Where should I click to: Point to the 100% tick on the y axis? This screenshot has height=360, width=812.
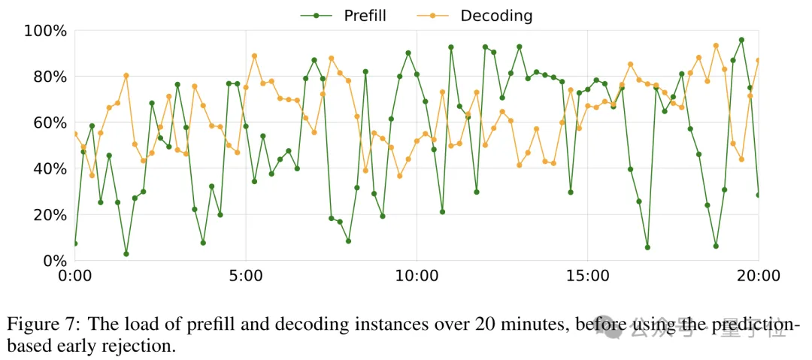45,31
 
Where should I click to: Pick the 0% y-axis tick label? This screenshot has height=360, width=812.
53,261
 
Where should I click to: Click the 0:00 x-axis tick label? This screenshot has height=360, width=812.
74,277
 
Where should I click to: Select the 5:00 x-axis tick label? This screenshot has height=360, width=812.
246,277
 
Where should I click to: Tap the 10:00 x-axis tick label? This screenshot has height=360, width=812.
417,277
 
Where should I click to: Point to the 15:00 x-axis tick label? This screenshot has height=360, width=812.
588,277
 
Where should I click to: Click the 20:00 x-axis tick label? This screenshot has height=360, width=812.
758,277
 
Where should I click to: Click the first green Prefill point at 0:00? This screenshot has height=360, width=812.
74,244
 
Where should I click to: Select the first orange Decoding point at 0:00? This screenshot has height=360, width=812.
74,134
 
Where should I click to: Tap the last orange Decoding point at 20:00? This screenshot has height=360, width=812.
758,60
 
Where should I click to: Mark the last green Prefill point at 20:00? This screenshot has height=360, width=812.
758,195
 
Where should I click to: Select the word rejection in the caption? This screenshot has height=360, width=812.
135,347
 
